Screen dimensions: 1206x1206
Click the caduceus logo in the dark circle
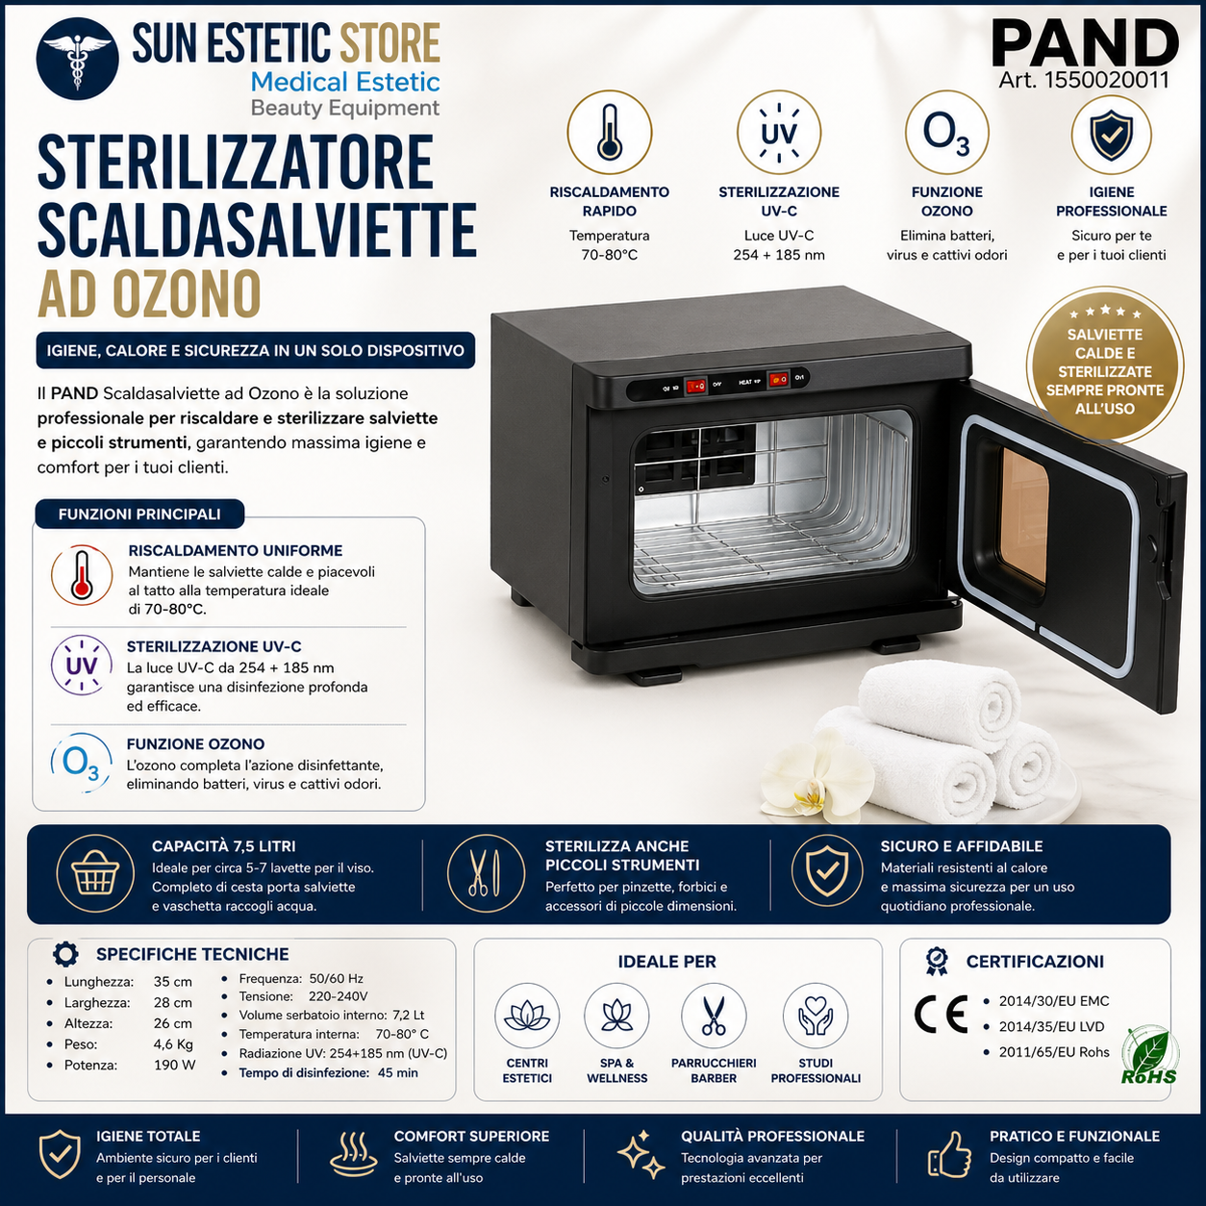[77, 62]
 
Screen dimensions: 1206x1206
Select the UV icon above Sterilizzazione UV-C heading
[779, 132]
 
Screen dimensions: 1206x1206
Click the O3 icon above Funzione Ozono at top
[946, 132]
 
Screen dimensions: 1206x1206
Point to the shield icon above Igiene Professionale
[1111, 135]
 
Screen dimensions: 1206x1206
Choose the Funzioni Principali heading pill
[139, 515]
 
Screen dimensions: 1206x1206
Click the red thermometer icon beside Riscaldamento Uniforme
[82, 575]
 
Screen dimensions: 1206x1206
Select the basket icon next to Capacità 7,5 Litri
[95, 873]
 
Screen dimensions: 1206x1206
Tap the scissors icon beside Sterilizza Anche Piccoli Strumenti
[486, 873]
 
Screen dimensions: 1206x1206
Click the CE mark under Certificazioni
[942, 1014]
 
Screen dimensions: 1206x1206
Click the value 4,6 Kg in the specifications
[173, 1043]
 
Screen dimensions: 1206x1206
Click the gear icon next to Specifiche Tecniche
[65, 954]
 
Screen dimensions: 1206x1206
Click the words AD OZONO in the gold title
[150, 293]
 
